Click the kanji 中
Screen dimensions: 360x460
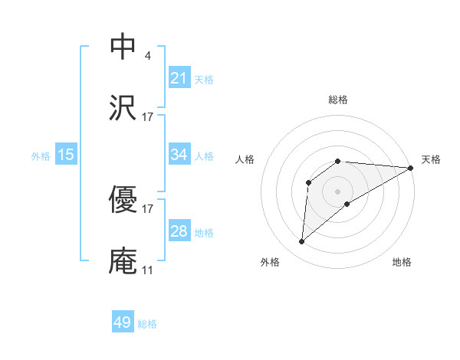tap(123, 47)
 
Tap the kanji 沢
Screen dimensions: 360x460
tap(123, 108)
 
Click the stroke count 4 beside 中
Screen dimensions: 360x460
tap(147, 55)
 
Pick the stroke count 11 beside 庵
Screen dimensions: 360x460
tap(147, 270)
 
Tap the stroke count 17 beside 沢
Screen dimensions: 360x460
tap(147, 116)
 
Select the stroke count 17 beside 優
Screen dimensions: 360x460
tap(147, 208)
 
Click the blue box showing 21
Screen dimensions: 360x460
tap(179, 78)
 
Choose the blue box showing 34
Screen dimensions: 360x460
tap(179, 155)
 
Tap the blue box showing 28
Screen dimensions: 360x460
tap(179, 231)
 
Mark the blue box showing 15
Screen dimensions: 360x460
tap(66, 155)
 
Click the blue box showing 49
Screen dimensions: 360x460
tap(123, 322)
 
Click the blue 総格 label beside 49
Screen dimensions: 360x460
tap(147, 324)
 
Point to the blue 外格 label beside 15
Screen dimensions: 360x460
tap(41, 156)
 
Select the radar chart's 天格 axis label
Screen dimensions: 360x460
tap(431, 159)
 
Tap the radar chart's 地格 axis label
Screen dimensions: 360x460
tap(402, 263)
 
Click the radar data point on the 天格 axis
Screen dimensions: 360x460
tap(410, 168)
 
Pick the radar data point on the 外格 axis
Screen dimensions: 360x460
tap(301, 242)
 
